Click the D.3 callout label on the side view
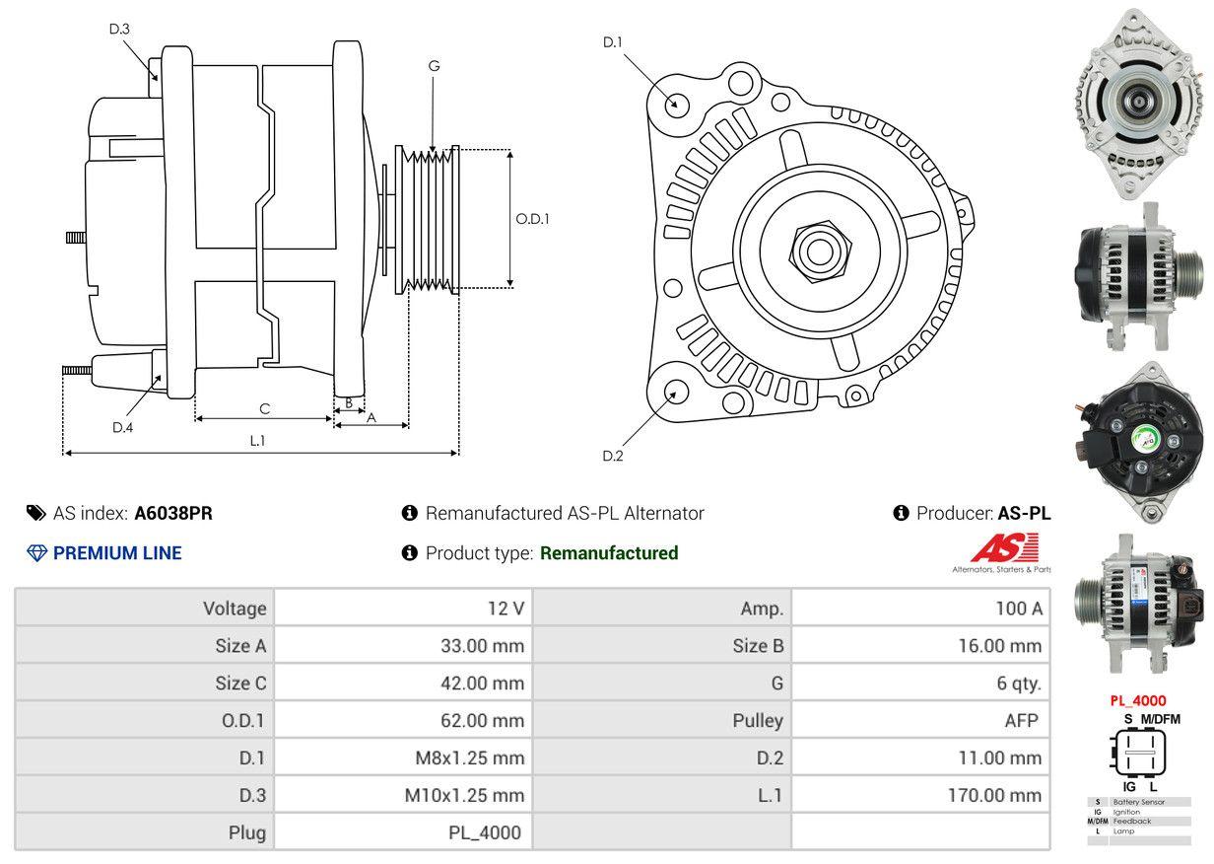pyautogui.click(x=119, y=29)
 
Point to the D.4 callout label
pyautogui.click(x=122, y=427)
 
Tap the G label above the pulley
pyautogui.click(x=434, y=66)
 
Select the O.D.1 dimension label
pyautogui.click(x=532, y=219)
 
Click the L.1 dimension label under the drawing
pyautogui.click(x=257, y=441)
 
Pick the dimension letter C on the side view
pyautogui.click(x=264, y=408)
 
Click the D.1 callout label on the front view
pyautogui.click(x=613, y=41)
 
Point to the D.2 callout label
pyautogui.click(x=613, y=456)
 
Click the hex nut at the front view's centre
pyautogui.click(x=816, y=249)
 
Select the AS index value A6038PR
pyautogui.click(x=173, y=513)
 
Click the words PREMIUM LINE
pyautogui.click(x=117, y=553)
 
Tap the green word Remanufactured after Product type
pyautogui.click(x=609, y=553)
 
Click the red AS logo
pyautogui.click(x=1004, y=547)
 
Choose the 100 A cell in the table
pyautogui.click(x=1018, y=609)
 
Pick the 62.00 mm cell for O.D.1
pyautogui.click(x=482, y=721)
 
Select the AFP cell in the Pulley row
pyautogui.click(x=1021, y=721)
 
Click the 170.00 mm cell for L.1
pyautogui.click(x=994, y=795)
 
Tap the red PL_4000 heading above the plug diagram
pyautogui.click(x=1138, y=701)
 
